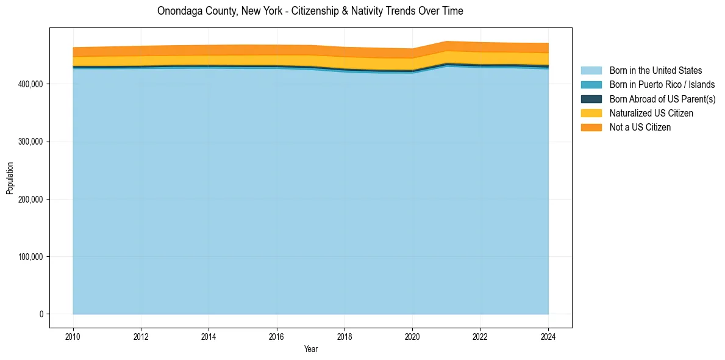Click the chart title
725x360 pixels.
(310, 11)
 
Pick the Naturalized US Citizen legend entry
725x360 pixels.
(651, 113)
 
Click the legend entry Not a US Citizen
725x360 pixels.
(640, 127)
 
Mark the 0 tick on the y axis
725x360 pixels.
(42, 314)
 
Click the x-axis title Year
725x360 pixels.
(310, 349)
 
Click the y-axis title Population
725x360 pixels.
(10, 178)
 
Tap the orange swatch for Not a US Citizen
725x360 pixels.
(591, 127)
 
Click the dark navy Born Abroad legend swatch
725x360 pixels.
(591, 99)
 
